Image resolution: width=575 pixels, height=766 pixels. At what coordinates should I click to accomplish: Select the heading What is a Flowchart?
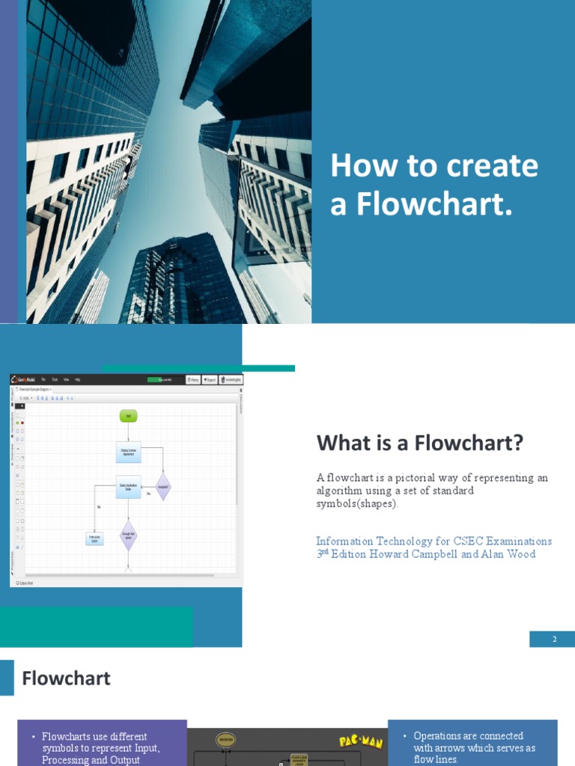coord(419,443)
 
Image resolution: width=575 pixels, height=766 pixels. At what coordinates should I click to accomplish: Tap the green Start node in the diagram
coord(128,415)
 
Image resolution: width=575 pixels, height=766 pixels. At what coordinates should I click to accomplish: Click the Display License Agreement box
coord(128,452)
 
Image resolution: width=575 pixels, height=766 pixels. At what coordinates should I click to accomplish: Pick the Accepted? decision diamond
coord(162,486)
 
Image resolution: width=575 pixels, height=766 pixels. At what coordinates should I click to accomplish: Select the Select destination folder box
coord(128,486)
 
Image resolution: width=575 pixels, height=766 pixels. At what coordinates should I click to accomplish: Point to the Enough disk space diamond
coord(128,536)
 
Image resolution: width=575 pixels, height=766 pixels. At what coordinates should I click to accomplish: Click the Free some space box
coord(94,538)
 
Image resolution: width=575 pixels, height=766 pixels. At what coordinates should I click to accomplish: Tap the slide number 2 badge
coord(554,639)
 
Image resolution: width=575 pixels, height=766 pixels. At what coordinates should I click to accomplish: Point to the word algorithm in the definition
coord(341,491)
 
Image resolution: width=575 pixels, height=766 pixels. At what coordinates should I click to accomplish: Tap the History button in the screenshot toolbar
coord(192,380)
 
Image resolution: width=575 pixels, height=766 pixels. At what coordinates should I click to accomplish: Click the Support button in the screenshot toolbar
coord(209,380)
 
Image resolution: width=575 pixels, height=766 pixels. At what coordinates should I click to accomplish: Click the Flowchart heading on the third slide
coord(66,678)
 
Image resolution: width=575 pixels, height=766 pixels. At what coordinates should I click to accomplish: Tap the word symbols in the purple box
coord(60,748)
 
